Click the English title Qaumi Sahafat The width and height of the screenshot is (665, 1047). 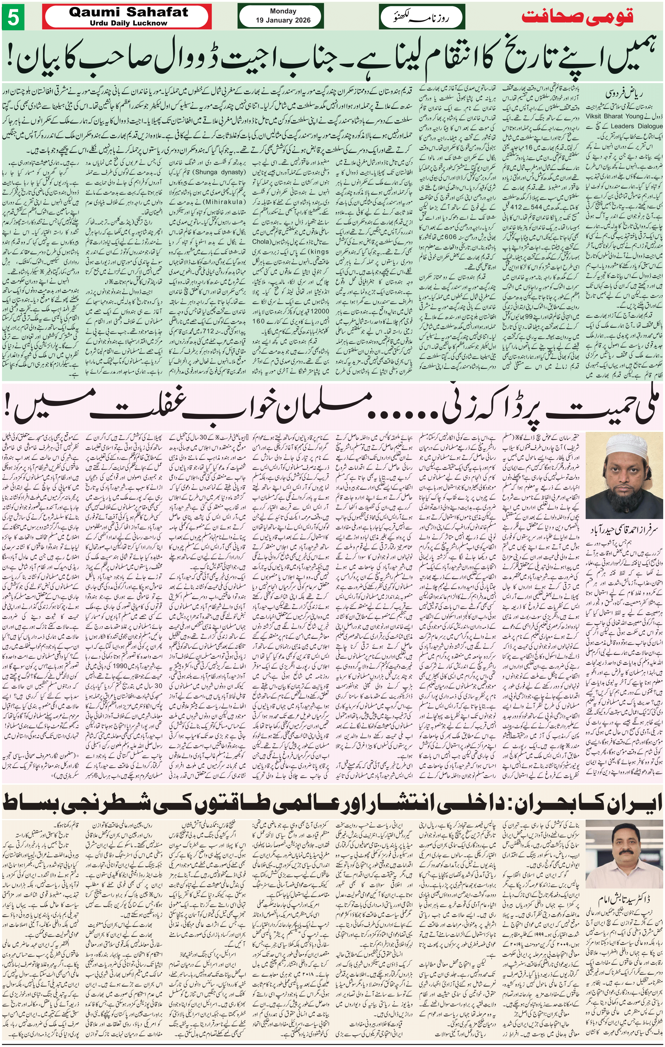(128, 12)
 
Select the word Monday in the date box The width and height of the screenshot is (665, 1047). (283, 11)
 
